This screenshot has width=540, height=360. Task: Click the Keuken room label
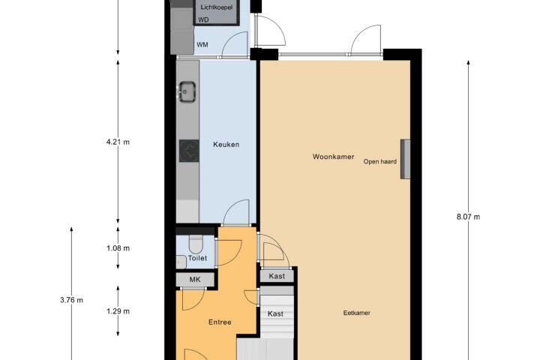tap(226, 145)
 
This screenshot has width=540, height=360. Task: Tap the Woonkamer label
tap(333, 157)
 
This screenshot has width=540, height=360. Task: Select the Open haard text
tap(379, 161)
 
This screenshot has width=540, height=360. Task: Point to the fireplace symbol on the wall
tap(405, 159)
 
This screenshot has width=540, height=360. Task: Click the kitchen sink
tap(187, 91)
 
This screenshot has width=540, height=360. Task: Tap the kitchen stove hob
tap(189, 151)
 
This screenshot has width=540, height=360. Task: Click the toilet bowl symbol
tap(196, 244)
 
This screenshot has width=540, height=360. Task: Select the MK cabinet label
tap(195, 280)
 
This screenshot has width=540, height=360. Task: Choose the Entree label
tap(220, 322)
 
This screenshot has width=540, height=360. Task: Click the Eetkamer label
tap(357, 313)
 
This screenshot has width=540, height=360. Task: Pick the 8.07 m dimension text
tap(468, 217)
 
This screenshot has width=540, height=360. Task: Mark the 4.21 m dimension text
tap(118, 142)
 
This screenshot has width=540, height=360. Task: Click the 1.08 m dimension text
tap(118, 248)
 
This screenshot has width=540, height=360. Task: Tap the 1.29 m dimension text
tap(118, 311)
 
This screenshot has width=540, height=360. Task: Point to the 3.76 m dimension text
tap(72, 300)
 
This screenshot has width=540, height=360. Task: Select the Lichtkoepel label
tap(217, 7)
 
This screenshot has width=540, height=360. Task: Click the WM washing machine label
tap(202, 45)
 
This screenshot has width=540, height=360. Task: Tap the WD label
tap(203, 20)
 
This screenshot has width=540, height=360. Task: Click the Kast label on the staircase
tap(275, 313)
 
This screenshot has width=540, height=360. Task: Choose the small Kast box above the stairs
tap(277, 276)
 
